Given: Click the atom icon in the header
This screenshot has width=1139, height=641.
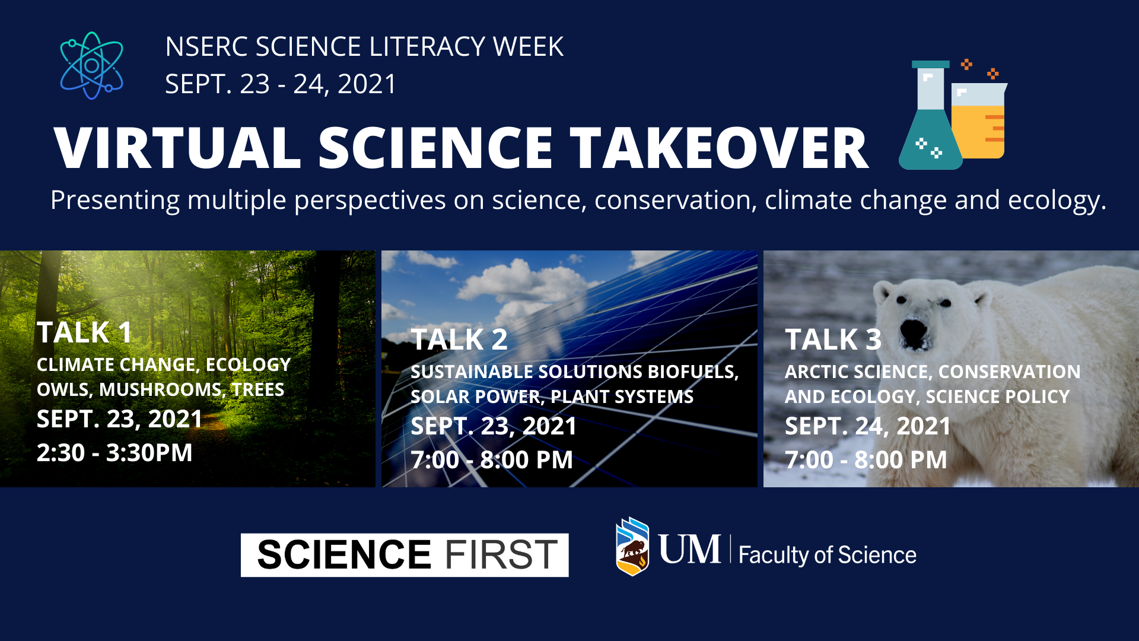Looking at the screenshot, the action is click(91, 65).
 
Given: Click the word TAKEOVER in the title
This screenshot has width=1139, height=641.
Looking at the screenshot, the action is click(720, 148).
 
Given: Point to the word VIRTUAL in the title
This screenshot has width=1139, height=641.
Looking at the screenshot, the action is click(177, 148).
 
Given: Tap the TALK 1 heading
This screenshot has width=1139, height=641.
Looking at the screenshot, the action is click(84, 332).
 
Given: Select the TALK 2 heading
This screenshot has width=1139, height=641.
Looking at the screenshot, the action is click(459, 339).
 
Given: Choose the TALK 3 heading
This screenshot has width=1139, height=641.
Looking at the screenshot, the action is click(833, 339).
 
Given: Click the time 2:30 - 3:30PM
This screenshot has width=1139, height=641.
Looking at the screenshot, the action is click(114, 453).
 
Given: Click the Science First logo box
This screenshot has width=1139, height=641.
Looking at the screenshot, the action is click(405, 555).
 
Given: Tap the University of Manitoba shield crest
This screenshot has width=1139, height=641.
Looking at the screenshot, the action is click(632, 547).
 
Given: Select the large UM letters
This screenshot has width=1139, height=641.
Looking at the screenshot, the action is click(689, 549).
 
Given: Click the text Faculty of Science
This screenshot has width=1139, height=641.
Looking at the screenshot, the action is click(828, 555).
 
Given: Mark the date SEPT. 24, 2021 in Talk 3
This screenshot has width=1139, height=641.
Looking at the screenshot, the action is click(867, 426).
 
